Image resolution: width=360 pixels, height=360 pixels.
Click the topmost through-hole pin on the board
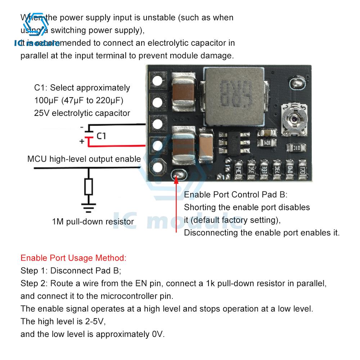(x=157, y=81)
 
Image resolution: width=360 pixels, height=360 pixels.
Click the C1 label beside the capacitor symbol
(x=102, y=136)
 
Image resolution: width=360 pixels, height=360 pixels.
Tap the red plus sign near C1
(x=81, y=141)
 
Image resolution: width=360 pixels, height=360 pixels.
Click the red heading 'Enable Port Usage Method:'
(x=73, y=258)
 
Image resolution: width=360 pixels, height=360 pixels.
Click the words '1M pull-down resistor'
(x=93, y=221)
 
